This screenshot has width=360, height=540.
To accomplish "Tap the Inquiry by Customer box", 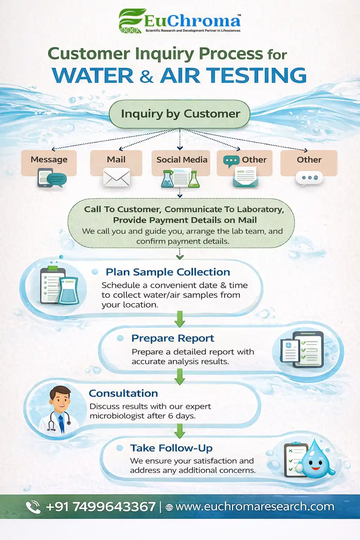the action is click(180, 114).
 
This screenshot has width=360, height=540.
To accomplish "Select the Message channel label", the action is click(49, 160).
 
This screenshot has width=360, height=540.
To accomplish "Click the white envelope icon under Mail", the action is click(116, 178).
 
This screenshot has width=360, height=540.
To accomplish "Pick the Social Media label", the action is click(182, 160).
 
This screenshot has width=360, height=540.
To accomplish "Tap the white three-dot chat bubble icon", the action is click(309, 178).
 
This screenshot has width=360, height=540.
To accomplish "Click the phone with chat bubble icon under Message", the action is click(52, 178).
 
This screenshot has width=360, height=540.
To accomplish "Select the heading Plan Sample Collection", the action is click(168, 272).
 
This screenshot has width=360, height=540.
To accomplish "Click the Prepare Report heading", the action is click(173, 338).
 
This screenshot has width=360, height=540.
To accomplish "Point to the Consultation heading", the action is click(123, 393).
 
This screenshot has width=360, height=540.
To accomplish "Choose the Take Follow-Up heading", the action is click(172, 448).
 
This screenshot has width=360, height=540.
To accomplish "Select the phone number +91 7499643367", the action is click(101, 507).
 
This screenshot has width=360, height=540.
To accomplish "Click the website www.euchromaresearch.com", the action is click(255, 507).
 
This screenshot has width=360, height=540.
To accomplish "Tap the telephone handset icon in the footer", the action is click(33, 507).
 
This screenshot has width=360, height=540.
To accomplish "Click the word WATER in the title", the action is click(93, 75).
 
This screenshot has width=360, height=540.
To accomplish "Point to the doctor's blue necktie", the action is click(62, 425).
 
